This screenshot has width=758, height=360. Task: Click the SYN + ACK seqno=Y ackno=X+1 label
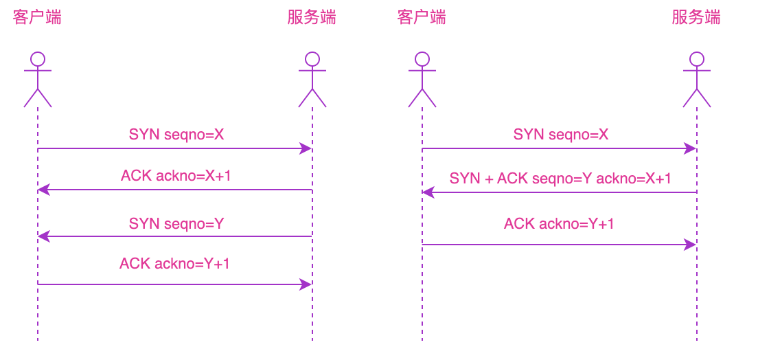560,179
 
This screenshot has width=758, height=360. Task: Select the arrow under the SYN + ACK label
560,192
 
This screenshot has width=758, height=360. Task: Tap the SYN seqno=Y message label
176,223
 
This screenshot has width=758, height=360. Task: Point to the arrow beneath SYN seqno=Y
175,236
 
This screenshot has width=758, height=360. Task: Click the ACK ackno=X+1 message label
176,176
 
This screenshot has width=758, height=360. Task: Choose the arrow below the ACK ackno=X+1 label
175,190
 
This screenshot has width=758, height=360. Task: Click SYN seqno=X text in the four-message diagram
176,135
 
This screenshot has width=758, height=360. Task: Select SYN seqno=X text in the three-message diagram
561,135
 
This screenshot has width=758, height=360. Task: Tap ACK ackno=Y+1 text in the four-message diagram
174,263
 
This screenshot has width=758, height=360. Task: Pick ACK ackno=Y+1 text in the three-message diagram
559,223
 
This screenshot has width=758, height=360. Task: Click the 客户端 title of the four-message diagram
37,17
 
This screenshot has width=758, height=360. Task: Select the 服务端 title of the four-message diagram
312,17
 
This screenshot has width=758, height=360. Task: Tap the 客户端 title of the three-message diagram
422,17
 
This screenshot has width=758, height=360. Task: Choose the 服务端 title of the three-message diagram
696,17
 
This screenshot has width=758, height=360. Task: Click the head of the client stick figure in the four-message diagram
38,59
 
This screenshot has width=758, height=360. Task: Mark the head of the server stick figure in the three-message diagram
697,59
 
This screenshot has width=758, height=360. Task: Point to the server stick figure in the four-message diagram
312,80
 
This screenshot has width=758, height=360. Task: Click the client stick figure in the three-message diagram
422,80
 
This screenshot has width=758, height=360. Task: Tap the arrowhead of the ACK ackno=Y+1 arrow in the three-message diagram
691,245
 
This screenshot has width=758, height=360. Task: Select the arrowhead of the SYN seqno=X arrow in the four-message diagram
307,148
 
